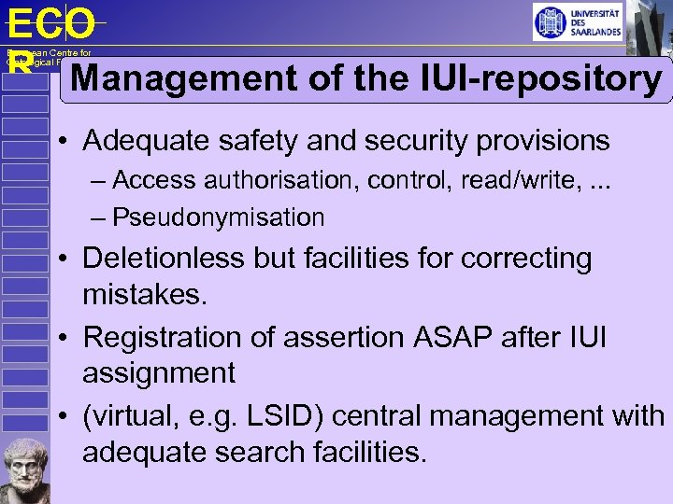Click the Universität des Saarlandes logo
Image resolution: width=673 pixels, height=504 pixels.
pyautogui.click(x=577, y=22)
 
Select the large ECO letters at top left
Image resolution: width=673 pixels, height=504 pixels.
pyautogui.click(x=50, y=24)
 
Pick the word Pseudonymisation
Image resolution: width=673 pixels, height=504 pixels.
pyautogui.click(x=218, y=217)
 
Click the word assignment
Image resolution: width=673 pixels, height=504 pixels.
pyautogui.click(x=159, y=373)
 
